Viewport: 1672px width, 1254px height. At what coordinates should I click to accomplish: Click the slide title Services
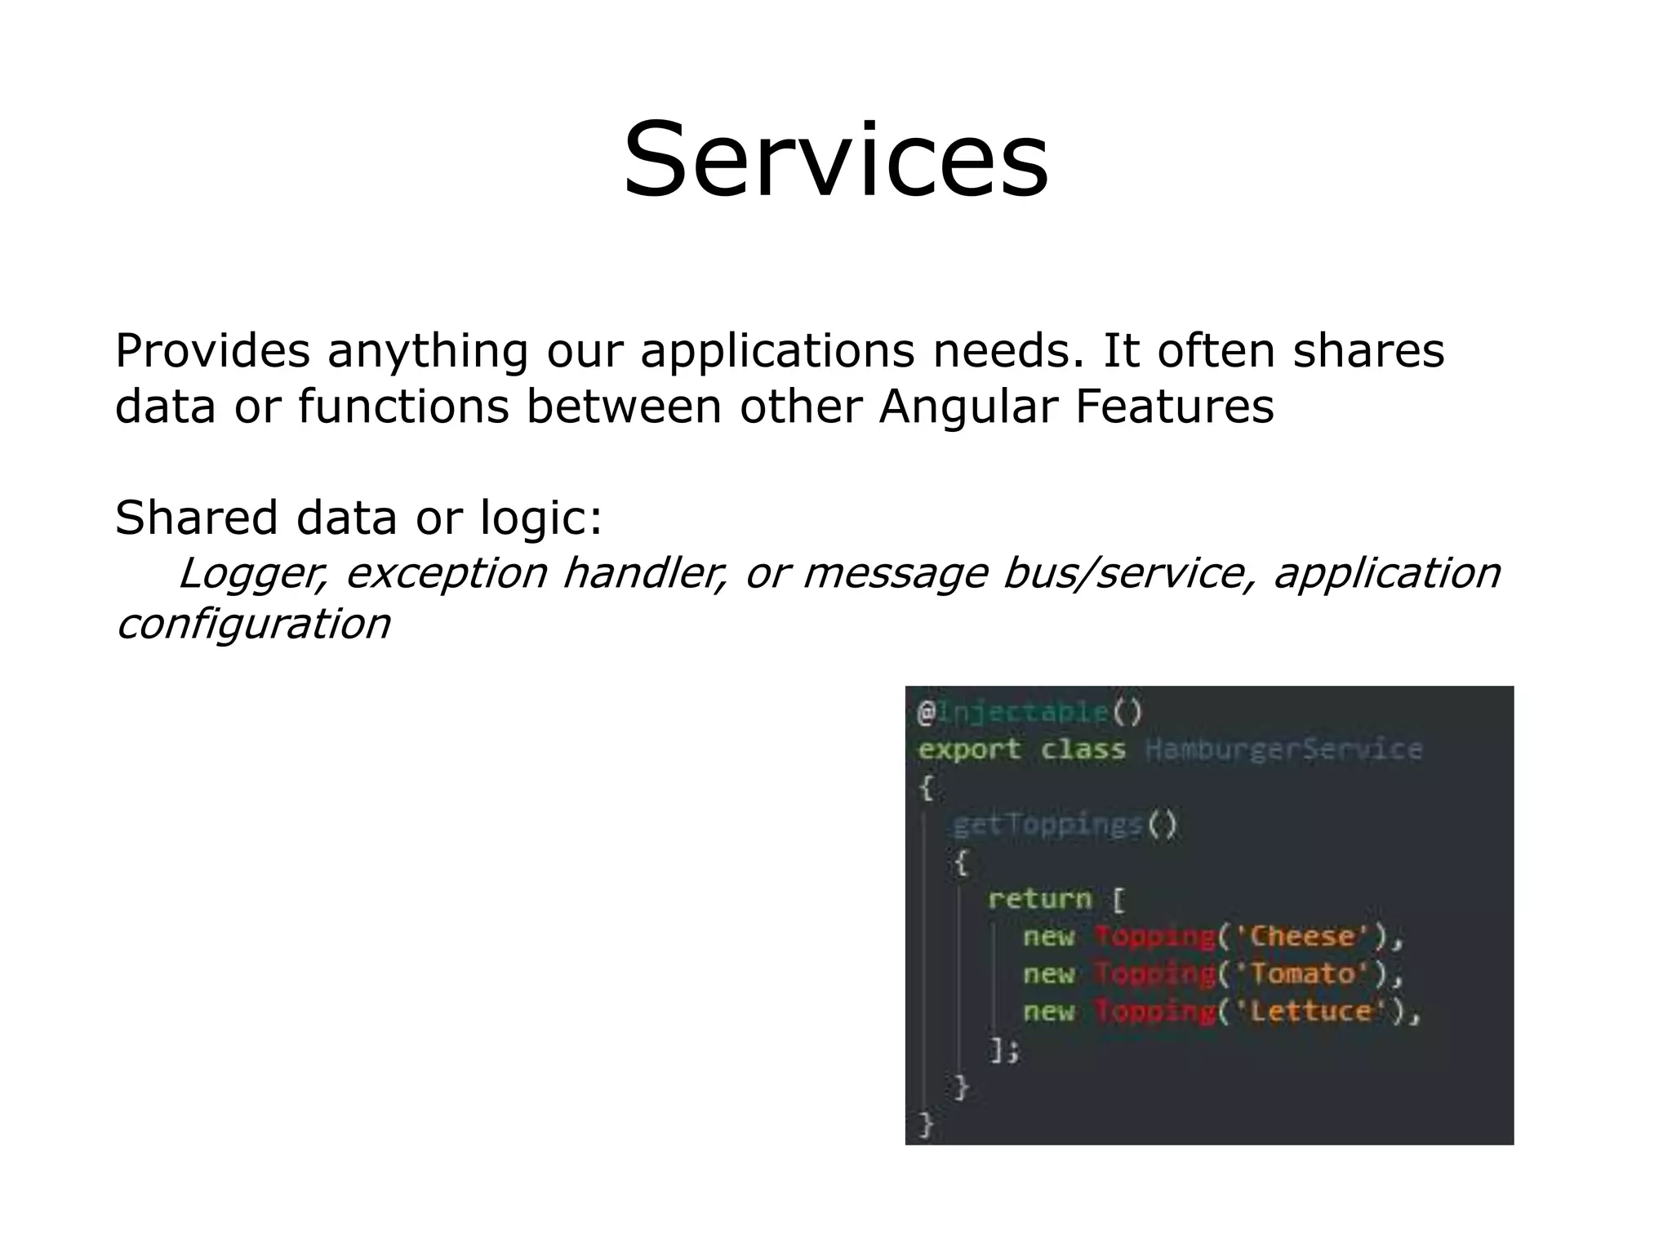click(x=835, y=160)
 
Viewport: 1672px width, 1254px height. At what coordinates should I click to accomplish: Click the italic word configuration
click(x=253, y=625)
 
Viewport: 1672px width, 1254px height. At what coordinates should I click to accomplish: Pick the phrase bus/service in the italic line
click(x=1118, y=573)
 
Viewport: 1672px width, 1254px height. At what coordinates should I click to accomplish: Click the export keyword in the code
click(x=969, y=749)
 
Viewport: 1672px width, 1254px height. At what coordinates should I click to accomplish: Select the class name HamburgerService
click(x=1283, y=749)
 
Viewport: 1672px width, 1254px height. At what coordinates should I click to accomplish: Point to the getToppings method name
click(x=1047, y=825)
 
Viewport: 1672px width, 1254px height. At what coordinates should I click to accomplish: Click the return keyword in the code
click(x=1039, y=900)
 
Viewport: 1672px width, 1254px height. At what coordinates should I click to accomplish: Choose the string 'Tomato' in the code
click(x=1301, y=974)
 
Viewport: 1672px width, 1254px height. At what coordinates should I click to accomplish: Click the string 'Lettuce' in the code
click(x=1310, y=1012)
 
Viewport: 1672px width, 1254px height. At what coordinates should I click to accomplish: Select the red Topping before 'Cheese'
click(x=1154, y=936)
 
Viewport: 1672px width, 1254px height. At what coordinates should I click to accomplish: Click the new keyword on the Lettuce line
click(x=1048, y=1012)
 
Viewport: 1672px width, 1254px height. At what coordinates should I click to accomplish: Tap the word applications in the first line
click(x=778, y=351)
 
